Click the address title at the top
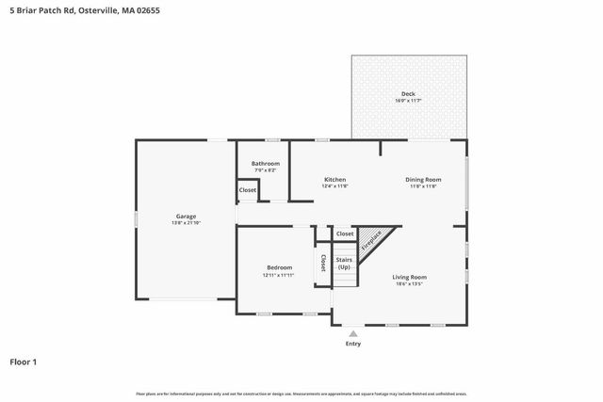(78, 11)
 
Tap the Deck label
(408, 93)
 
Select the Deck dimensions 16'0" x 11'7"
(408, 100)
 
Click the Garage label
(185, 216)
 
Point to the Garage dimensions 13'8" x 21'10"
(185, 222)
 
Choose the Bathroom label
(266, 164)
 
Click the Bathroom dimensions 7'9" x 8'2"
(266, 170)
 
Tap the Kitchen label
(334, 179)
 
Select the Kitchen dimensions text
(334, 185)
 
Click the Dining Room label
(424, 179)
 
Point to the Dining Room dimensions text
(424, 185)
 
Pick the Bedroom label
(279, 267)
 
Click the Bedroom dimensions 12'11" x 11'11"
(279, 275)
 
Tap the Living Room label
(410, 277)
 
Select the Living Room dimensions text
(410, 283)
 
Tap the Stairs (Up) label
(344, 263)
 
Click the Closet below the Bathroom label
(247, 190)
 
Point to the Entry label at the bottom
(352, 344)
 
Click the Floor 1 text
(23, 362)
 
